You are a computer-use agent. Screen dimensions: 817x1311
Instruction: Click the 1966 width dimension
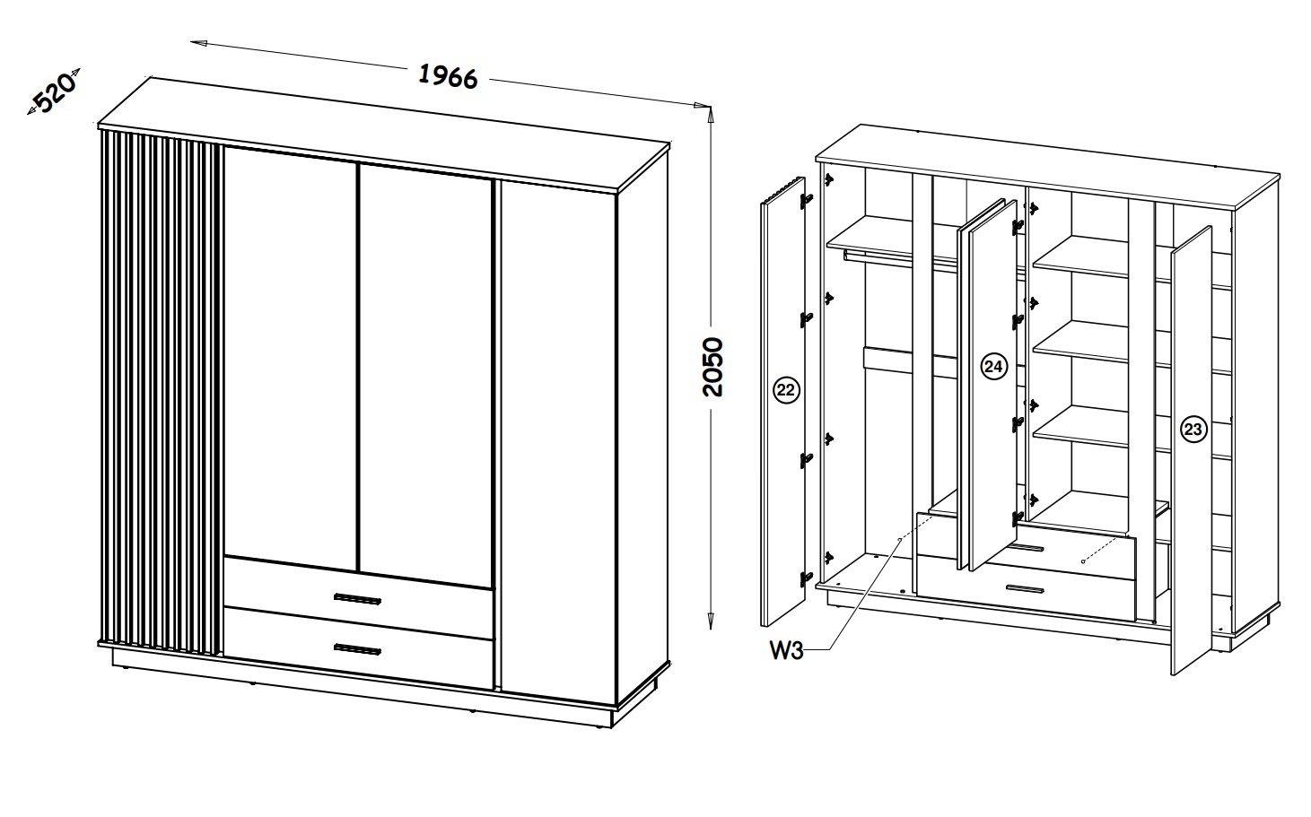(449, 77)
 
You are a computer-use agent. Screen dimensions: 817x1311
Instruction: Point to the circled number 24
(993, 366)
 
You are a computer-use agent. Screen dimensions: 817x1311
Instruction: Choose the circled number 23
(1193, 430)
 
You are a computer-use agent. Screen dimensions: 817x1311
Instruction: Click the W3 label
(785, 650)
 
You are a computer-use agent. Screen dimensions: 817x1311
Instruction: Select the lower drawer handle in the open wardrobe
(1024, 589)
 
